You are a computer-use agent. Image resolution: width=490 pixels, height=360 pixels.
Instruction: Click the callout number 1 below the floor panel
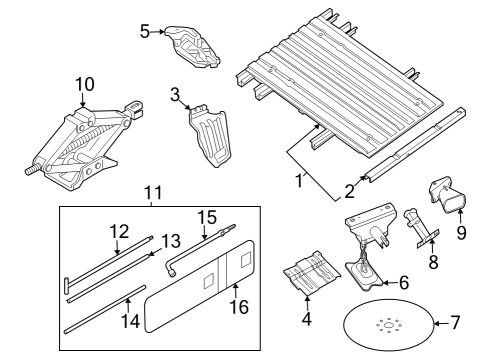point(297,181)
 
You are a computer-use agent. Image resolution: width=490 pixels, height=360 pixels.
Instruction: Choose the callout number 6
point(404,283)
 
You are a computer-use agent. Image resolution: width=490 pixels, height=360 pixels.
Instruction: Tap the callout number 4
point(307,321)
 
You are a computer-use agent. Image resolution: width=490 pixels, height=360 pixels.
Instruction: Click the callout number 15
point(206,216)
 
